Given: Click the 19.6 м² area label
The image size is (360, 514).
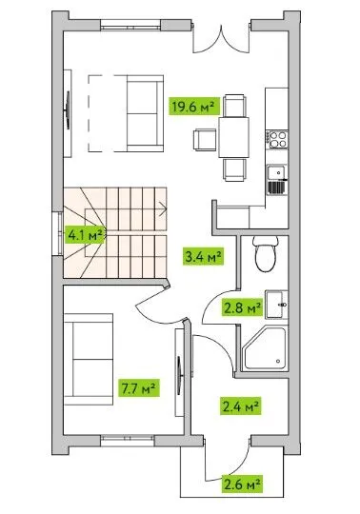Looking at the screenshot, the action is pyautogui.click(x=193, y=107).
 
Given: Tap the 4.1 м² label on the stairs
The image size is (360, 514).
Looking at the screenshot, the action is pyautogui.click(x=86, y=235).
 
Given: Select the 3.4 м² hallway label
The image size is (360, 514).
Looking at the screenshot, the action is pyautogui.click(x=204, y=256).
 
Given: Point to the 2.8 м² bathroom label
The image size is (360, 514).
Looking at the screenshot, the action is pyautogui.click(x=242, y=307).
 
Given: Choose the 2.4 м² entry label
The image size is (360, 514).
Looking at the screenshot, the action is pyautogui.click(x=241, y=406).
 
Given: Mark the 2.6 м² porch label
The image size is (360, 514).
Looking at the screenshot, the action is pyautogui.click(x=242, y=484).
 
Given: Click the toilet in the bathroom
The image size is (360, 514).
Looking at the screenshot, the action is pyautogui.click(x=266, y=254).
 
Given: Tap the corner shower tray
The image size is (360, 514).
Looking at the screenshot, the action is pyautogui.click(x=264, y=348).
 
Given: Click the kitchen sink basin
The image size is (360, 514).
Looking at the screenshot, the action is pyautogui.click(x=276, y=171).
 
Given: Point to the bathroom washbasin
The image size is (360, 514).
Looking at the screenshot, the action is pyautogui.click(x=277, y=305).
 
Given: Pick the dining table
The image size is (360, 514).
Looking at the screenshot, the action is pyautogui.click(x=233, y=137).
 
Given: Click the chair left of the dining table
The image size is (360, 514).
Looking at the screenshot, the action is pyautogui.click(x=204, y=140).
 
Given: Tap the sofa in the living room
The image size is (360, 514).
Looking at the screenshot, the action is pyautogui.click(x=145, y=113).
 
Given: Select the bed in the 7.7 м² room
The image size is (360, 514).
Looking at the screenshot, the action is pyautogui.click(x=89, y=359).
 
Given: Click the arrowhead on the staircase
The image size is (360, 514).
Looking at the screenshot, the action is pyautogui.click(x=163, y=209).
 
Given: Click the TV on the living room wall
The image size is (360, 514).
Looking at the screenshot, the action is pyautogui.click(x=68, y=110).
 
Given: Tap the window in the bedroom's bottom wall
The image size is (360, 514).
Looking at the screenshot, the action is pyautogui.click(x=127, y=441).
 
